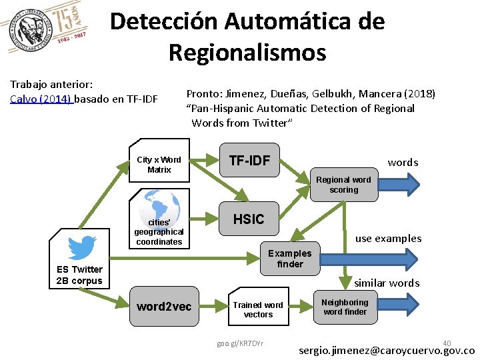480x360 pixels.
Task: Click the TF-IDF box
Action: [x=249, y=161]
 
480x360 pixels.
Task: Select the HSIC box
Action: [x=248, y=219]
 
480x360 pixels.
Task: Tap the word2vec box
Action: [x=163, y=306]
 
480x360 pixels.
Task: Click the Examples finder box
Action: [x=289, y=258]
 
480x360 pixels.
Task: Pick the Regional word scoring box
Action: [x=343, y=185]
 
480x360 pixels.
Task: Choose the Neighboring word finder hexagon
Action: [x=345, y=307]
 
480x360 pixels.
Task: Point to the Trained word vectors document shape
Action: [x=257, y=309]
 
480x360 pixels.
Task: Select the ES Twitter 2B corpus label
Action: [x=79, y=275]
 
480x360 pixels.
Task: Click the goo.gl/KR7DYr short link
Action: [x=240, y=343]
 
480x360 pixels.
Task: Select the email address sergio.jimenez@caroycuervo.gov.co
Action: [x=387, y=350]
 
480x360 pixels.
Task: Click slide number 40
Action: [x=447, y=342]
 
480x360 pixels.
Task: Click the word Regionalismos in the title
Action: [x=247, y=52]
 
